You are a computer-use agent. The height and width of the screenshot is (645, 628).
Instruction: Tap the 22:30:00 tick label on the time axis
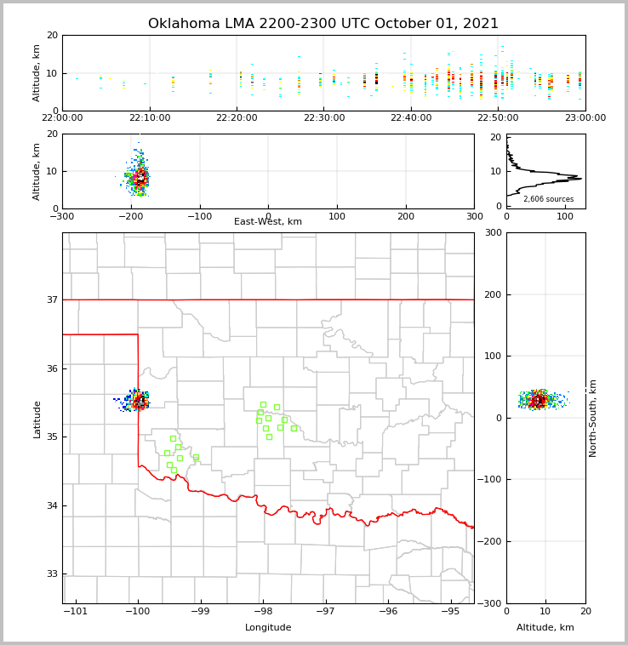[324, 118]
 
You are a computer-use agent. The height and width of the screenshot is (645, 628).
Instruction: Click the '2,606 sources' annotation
[548, 199]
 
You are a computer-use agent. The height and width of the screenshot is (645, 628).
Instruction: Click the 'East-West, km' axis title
[268, 222]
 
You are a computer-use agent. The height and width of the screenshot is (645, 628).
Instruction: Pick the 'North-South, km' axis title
[593, 418]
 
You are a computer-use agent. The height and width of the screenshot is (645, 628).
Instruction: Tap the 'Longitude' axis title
[268, 628]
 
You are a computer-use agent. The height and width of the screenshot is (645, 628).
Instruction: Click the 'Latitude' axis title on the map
[37, 419]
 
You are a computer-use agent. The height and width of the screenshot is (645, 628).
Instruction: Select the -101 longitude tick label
[76, 612]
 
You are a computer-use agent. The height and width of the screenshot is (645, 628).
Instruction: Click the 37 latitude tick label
[51, 300]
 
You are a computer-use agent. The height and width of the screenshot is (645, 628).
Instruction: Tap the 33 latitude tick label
[51, 574]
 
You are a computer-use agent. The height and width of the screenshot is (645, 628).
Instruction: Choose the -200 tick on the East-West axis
[130, 216]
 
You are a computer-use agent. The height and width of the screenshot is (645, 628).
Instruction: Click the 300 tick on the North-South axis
[493, 232]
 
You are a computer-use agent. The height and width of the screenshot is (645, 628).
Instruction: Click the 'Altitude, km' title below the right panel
[545, 628]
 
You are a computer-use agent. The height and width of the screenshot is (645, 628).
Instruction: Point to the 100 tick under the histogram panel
[564, 216]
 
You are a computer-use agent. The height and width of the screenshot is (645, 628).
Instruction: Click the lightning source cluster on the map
[139, 400]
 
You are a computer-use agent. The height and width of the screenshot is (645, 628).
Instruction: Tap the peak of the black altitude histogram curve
[580, 179]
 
